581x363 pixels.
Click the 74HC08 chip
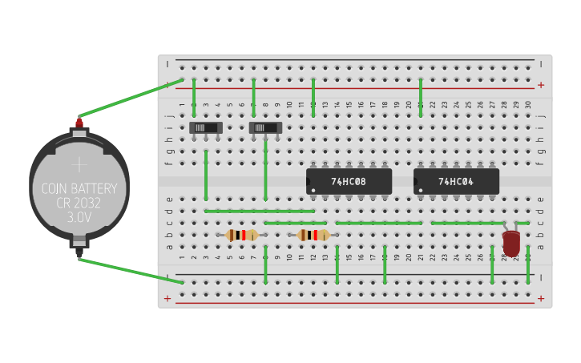click(349, 181)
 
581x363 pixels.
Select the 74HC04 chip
click(456, 181)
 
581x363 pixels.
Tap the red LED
click(511, 242)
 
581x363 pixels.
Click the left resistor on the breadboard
click(241, 235)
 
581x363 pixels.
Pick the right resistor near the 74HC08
click(313, 235)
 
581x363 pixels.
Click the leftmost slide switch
click(206, 127)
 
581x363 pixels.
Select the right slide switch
click(265, 127)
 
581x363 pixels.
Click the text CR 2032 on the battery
click(79, 203)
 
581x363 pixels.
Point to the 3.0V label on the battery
click(79, 217)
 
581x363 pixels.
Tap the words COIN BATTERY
click(79, 189)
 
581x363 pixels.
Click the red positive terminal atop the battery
click(79, 123)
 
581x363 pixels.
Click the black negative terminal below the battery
click(79, 251)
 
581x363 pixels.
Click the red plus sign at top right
click(541, 85)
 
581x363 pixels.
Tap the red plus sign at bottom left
click(167, 299)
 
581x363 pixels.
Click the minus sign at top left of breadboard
click(167, 64)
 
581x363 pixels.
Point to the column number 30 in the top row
click(527, 105)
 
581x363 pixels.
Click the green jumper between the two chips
click(378, 223)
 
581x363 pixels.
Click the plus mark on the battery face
click(79, 165)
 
